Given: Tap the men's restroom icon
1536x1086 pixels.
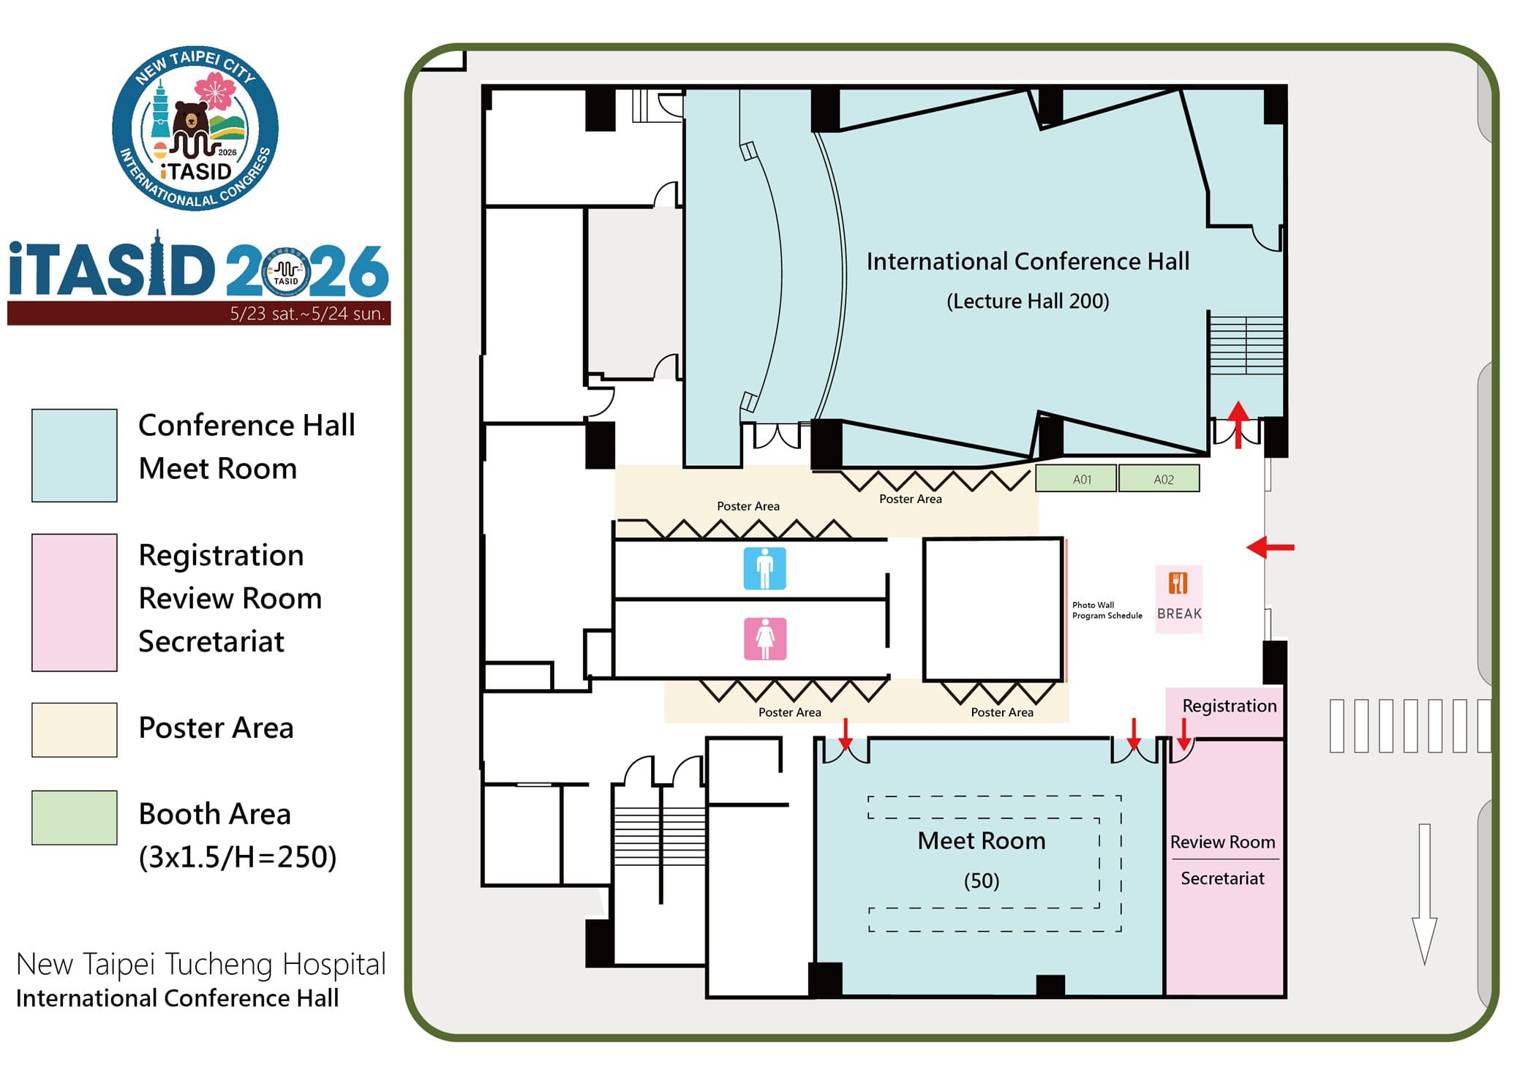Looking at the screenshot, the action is pyautogui.click(x=764, y=568).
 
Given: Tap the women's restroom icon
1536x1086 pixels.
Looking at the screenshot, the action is pyautogui.click(x=764, y=638).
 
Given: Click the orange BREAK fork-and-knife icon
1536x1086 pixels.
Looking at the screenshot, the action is pyautogui.click(x=1178, y=584).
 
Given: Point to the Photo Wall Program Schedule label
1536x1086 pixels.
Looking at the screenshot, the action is pyautogui.click(x=1106, y=610).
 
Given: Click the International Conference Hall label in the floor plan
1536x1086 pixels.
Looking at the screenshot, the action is pyautogui.click(x=1027, y=261).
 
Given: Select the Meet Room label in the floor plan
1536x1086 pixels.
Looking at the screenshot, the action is pyautogui.click(x=981, y=841).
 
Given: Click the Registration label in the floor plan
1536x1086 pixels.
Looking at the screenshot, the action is pyautogui.click(x=1229, y=706).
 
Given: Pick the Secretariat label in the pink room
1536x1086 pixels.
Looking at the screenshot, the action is pyautogui.click(x=1221, y=878).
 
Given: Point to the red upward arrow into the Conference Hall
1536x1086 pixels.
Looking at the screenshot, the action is pyautogui.click(x=1238, y=423).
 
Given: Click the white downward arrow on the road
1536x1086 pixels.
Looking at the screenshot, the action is pyautogui.click(x=1423, y=892).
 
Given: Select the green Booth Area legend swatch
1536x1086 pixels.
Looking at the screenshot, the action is pyautogui.click(x=74, y=818).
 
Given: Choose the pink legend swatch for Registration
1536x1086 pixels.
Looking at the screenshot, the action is pyautogui.click(x=74, y=602).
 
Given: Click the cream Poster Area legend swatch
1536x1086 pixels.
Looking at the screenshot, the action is pyautogui.click(x=74, y=729).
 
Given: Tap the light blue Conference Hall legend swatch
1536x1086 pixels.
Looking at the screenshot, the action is pyautogui.click(x=74, y=455).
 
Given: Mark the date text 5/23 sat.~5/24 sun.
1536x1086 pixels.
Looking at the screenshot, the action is pyautogui.click(x=307, y=314).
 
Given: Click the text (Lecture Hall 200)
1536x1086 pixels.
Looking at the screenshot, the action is pyautogui.click(x=1027, y=301).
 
